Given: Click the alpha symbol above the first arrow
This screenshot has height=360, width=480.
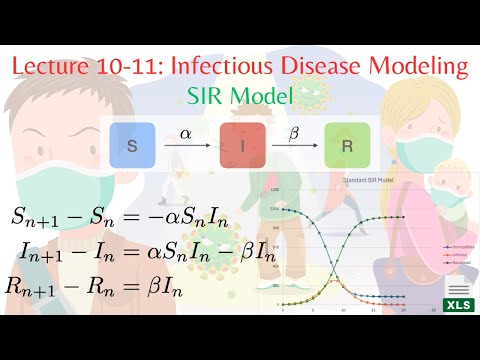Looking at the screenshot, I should coord(186,131).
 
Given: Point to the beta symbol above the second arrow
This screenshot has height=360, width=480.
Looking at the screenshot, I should coord(292,131).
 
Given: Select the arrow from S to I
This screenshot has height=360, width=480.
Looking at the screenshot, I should coord(186,147).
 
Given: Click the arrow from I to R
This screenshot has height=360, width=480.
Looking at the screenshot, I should coord(292,147).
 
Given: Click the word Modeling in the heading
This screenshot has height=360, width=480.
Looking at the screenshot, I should coord(425,68).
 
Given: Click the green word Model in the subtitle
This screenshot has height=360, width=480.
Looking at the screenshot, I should coord(264,98).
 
